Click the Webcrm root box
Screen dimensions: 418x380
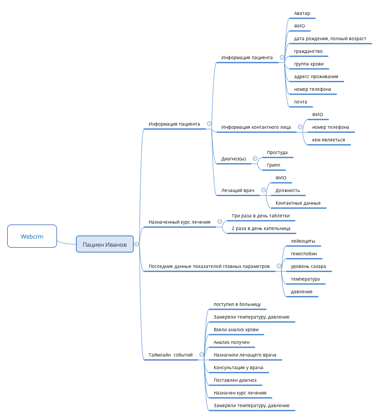click(32, 236)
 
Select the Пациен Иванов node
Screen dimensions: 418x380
click(105, 244)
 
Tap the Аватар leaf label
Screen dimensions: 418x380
click(302, 14)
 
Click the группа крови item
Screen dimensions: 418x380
click(309, 64)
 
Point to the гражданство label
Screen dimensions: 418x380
click(308, 51)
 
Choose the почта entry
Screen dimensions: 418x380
click(300, 102)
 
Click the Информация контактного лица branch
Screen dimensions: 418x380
click(256, 127)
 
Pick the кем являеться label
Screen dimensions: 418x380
click(328, 140)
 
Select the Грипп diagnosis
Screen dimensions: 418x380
click(273, 165)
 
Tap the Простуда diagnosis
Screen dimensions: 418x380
click(277, 152)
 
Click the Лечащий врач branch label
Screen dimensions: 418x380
click(238, 190)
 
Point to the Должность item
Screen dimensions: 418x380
click(287, 190)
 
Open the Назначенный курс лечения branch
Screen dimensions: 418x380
click(179, 222)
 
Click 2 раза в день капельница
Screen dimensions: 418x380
click(261, 228)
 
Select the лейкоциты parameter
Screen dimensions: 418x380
click(303, 241)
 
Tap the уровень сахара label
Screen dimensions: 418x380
click(308, 266)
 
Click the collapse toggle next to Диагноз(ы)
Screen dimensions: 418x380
click(255, 159)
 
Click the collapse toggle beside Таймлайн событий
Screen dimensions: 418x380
click(202, 355)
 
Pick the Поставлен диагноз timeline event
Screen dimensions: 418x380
click(235, 380)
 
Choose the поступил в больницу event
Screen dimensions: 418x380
click(237, 304)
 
